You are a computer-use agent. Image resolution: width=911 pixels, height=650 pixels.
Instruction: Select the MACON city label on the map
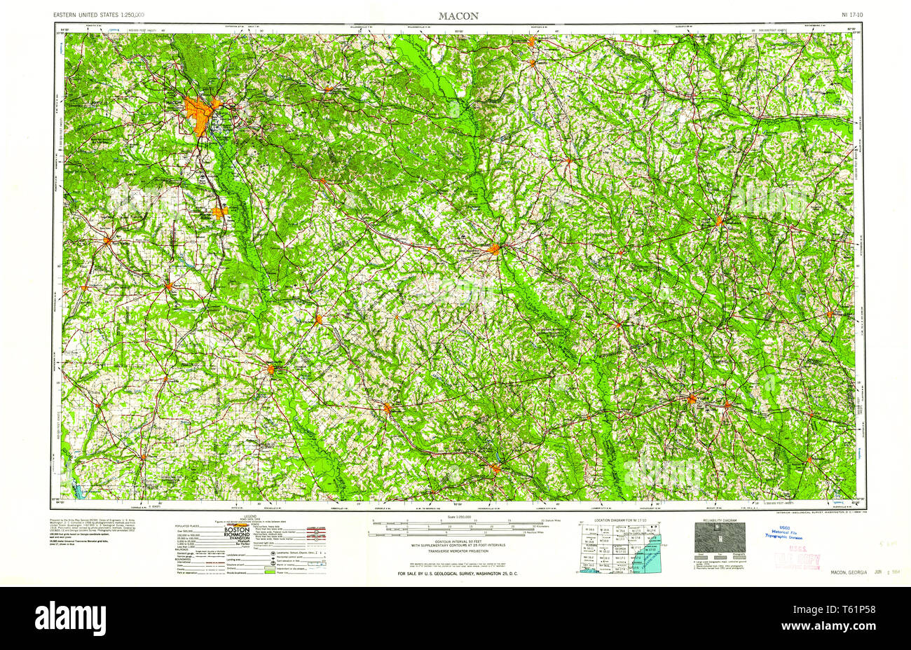coord(174,104)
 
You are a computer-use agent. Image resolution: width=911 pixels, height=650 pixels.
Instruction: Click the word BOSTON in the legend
coord(236,531)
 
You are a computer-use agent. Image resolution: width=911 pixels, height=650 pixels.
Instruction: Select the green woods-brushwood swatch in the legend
coord(285,573)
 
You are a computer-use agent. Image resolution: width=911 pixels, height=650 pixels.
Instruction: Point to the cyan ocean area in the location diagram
coord(648,560)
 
